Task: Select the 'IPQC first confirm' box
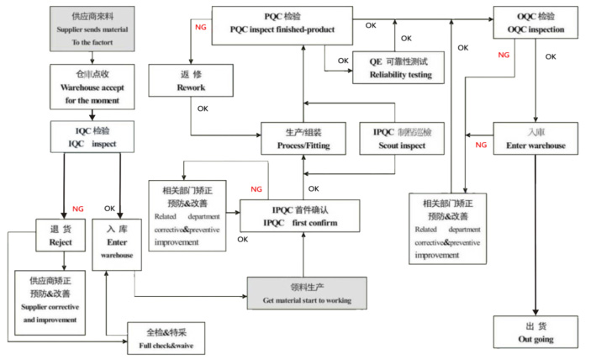click(x=300, y=215)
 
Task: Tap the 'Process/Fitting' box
click(x=303, y=140)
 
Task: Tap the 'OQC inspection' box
click(x=546, y=23)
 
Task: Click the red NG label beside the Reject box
click(x=78, y=208)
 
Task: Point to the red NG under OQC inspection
click(x=504, y=56)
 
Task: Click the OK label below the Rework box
click(x=202, y=108)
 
